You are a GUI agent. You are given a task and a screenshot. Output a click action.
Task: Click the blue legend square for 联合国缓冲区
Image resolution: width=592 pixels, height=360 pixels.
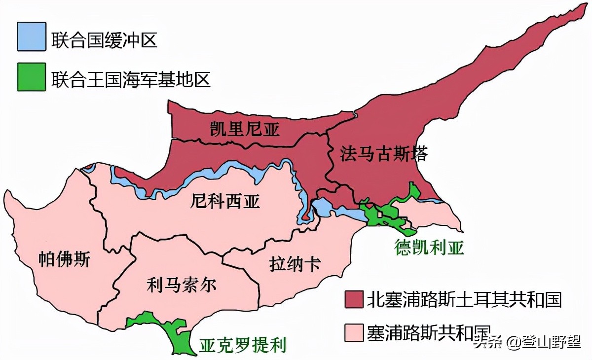coord(31,36)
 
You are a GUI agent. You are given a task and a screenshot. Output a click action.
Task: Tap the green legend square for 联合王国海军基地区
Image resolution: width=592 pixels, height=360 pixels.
coord(31,77)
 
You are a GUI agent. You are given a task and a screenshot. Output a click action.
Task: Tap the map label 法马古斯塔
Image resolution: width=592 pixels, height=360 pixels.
coord(383,154)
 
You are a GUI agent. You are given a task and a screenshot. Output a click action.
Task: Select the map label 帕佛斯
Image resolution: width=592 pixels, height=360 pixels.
coord(64,259)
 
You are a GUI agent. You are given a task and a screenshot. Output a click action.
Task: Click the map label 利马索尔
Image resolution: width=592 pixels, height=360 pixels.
coord(181,285)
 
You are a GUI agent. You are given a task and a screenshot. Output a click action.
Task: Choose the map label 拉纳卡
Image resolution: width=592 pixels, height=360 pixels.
coord(295,264)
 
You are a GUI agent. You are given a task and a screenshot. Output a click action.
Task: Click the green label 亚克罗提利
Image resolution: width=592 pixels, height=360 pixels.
coord(242,345)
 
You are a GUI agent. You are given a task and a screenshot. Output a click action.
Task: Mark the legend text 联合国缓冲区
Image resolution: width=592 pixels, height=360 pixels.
coord(104,39)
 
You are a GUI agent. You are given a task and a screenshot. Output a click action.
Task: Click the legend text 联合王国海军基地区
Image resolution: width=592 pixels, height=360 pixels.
coord(131,79)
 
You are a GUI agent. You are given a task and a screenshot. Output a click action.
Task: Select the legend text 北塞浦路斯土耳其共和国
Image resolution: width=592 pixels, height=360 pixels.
coord(464,299)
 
